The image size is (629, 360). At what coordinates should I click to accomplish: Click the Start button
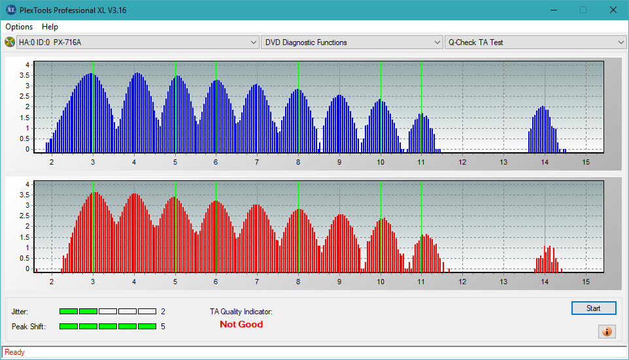click(594, 308)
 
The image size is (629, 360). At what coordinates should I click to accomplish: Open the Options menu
click(19, 27)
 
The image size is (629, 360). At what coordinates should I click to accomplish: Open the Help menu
click(50, 27)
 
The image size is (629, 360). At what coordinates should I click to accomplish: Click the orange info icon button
click(607, 331)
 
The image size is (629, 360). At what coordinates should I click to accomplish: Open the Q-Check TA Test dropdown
click(535, 42)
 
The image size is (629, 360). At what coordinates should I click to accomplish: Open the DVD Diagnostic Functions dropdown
click(351, 42)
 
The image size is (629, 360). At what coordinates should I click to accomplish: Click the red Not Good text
click(241, 324)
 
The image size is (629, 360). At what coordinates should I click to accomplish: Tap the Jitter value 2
click(163, 312)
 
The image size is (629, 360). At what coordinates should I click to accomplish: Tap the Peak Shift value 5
click(163, 327)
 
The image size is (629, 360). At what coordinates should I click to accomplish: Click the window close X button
click(613, 10)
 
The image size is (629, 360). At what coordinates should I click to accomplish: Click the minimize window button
click(554, 10)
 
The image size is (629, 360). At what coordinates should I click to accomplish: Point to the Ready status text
click(14, 352)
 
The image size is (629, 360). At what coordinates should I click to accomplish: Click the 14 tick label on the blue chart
click(545, 163)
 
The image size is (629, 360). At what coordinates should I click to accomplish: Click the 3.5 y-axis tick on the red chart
click(25, 195)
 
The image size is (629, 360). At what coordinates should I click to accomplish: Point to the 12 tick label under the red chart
click(462, 282)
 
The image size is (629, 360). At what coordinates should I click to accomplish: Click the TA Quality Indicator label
click(241, 312)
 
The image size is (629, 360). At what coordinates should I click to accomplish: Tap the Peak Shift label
click(29, 327)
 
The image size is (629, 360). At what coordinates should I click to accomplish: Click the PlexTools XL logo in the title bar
click(11, 10)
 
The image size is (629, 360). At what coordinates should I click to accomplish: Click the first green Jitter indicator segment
click(69, 312)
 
